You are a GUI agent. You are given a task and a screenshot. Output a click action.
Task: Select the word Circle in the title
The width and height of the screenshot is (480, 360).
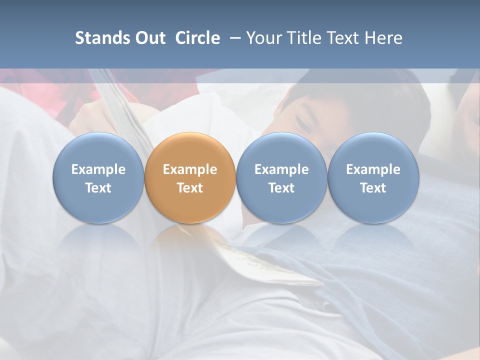tap(197, 38)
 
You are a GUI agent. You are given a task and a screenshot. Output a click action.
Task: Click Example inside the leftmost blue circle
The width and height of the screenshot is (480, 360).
tap(98, 169)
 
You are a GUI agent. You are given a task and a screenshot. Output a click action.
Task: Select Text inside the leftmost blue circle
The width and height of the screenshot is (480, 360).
tap(98, 188)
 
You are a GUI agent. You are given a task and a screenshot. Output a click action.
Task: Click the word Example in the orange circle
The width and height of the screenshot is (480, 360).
tap(190, 169)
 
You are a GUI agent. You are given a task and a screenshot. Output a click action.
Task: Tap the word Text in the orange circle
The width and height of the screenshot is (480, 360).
tap(190, 188)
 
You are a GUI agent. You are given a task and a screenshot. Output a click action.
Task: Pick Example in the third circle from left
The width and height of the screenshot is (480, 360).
tap(281, 169)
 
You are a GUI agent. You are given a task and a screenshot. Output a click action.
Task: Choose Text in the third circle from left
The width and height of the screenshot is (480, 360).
tap(281, 188)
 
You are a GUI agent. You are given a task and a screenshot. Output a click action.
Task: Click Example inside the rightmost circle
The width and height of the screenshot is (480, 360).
tap(373, 169)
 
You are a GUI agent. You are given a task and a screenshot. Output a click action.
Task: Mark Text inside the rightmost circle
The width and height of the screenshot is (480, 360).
tap(373, 188)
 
